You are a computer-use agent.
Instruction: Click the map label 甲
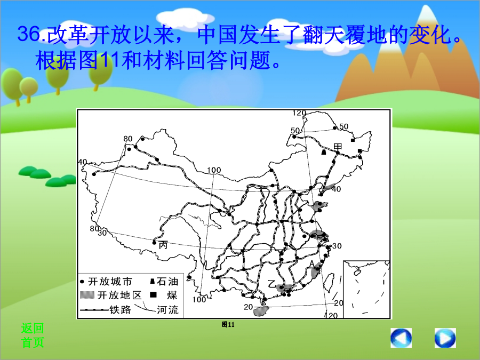338,147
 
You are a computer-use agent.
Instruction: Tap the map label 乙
272,284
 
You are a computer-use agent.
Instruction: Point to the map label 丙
163,245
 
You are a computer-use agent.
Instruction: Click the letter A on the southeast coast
312,264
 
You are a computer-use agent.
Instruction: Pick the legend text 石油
167,281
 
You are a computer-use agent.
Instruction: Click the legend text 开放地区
119,295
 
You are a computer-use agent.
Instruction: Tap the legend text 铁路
121,309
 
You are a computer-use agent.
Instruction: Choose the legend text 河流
168,309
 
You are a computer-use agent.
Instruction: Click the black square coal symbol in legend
153,295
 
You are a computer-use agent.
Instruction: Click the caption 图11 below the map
228,324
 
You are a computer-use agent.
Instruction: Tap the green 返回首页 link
33,335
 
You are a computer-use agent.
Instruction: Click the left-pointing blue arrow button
401,338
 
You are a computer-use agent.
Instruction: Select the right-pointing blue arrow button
445,338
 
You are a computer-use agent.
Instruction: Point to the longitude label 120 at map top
299,113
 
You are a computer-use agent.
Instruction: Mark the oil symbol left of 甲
324,152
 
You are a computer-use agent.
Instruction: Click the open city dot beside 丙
154,243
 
